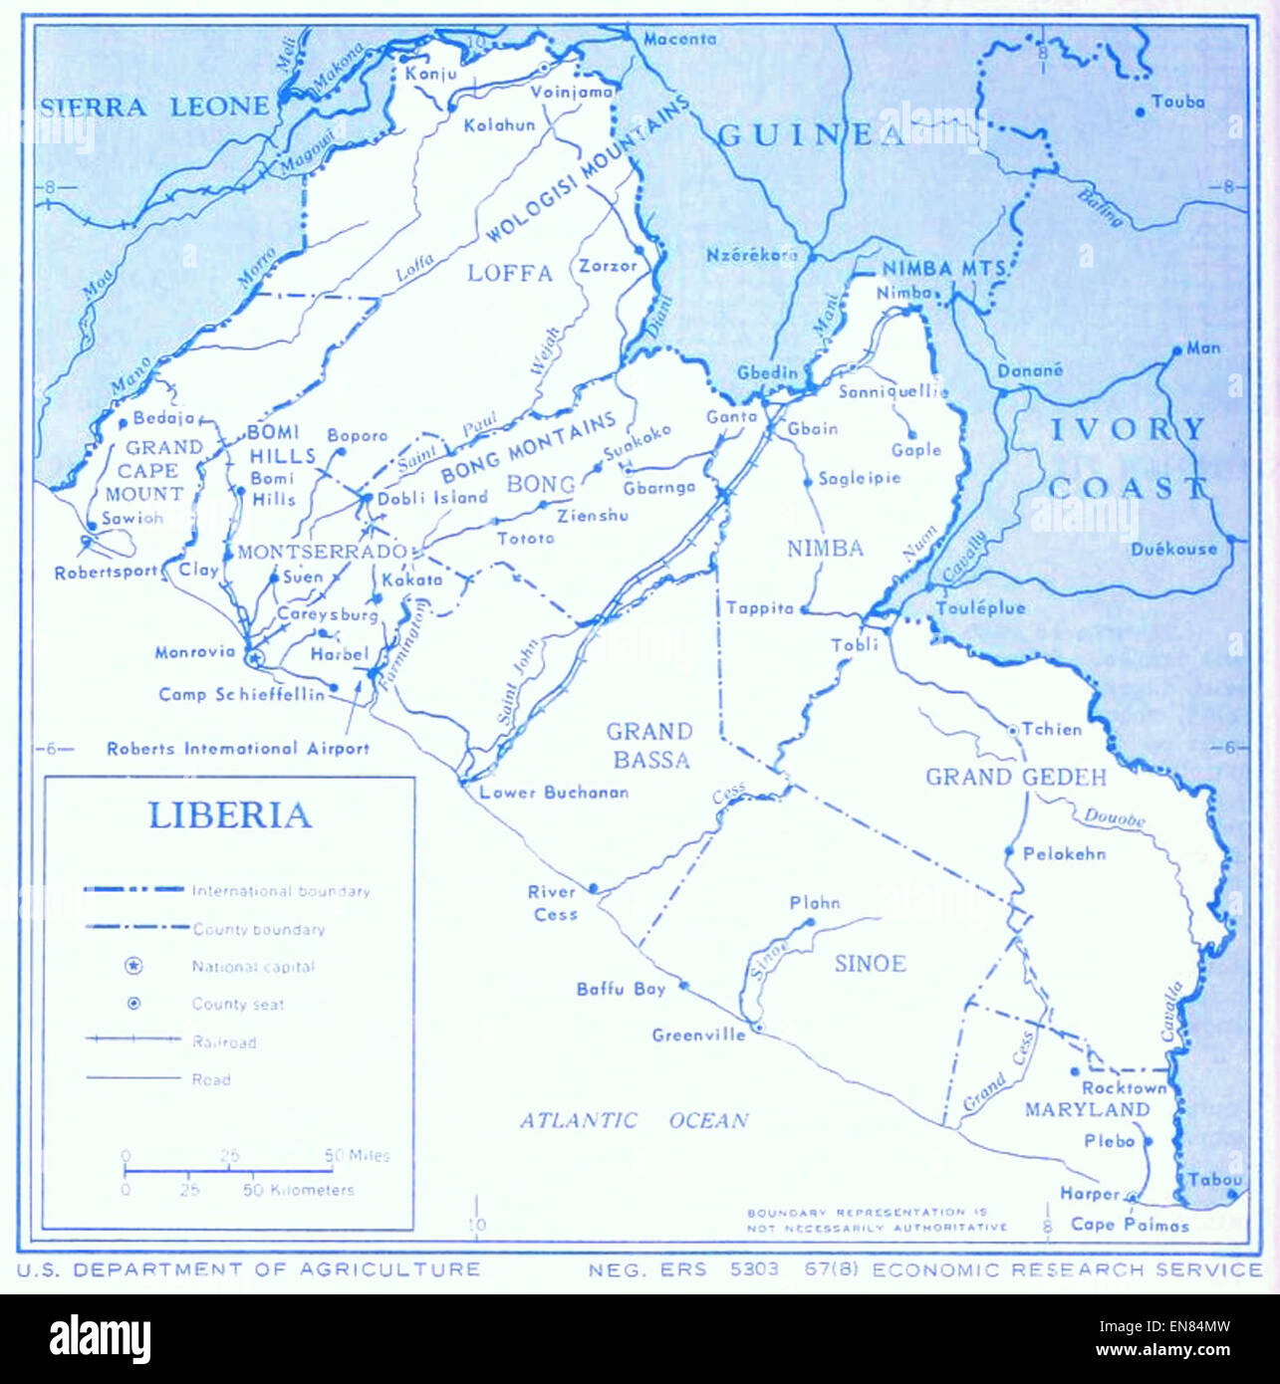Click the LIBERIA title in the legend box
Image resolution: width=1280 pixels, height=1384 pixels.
(x=229, y=815)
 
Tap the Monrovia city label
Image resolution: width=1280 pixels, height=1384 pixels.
(x=195, y=652)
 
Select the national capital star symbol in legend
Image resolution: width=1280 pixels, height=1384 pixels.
(x=133, y=966)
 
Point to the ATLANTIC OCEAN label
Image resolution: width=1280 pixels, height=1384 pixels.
(x=634, y=1120)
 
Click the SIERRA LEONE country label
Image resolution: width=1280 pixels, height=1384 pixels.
(x=155, y=107)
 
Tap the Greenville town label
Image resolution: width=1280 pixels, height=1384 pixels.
(x=698, y=1035)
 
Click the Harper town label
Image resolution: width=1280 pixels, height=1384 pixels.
(x=1089, y=1193)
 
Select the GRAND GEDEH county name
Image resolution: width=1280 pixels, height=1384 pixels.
(x=1016, y=777)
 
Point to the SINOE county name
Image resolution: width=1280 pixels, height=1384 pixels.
(x=870, y=963)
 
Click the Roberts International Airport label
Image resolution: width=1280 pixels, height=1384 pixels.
(x=238, y=748)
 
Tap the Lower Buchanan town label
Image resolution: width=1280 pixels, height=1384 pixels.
(x=554, y=793)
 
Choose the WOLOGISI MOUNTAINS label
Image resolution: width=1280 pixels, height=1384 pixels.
(x=588, y=169)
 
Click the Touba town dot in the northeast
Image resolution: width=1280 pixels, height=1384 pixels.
(x=1141, y=113)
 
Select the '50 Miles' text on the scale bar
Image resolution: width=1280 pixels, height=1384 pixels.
(x=357, y=1155)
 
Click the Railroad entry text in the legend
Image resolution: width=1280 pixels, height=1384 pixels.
(x=224, y=1041)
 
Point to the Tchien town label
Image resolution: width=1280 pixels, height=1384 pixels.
(x=1051, y=729)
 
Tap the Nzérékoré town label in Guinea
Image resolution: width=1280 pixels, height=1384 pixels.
(x=752, y=255)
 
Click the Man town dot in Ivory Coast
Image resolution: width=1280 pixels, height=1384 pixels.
(x=1177, y=350)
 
